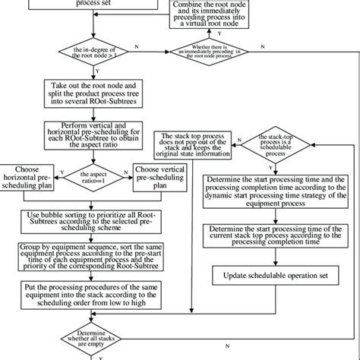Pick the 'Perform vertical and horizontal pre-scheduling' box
click(x=91, y=134)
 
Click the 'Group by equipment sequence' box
click(x=91, y=255)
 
